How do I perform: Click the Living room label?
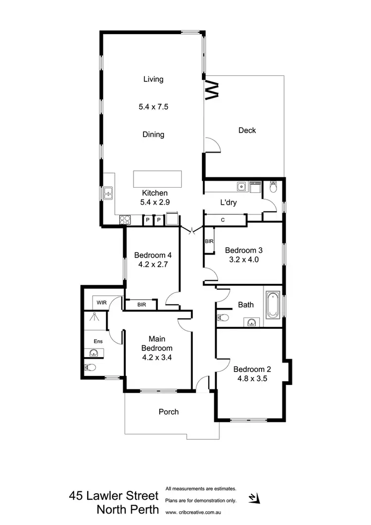pyautogui.click(x=153, y=79)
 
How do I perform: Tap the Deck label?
pyautogui.click(x=247, y=130)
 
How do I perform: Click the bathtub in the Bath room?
pyautogui.click(x=273, y=305)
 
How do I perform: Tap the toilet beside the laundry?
pyautogui.click(x=274, y=188)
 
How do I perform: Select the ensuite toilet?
pyautogui.click(x=89, y=368)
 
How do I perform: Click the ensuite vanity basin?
pyautogui.click(x=93, y=353)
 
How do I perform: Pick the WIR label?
pyautogui.click(x=101, y=303)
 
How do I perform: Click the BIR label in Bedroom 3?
pyautogui.click(x=209, y=241)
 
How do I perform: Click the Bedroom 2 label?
pyautogui.click(x=252, y=369)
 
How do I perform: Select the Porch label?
pyautogui.click(x=169, y=412)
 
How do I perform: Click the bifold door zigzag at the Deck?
pyautogui.click(x=211, y=89)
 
